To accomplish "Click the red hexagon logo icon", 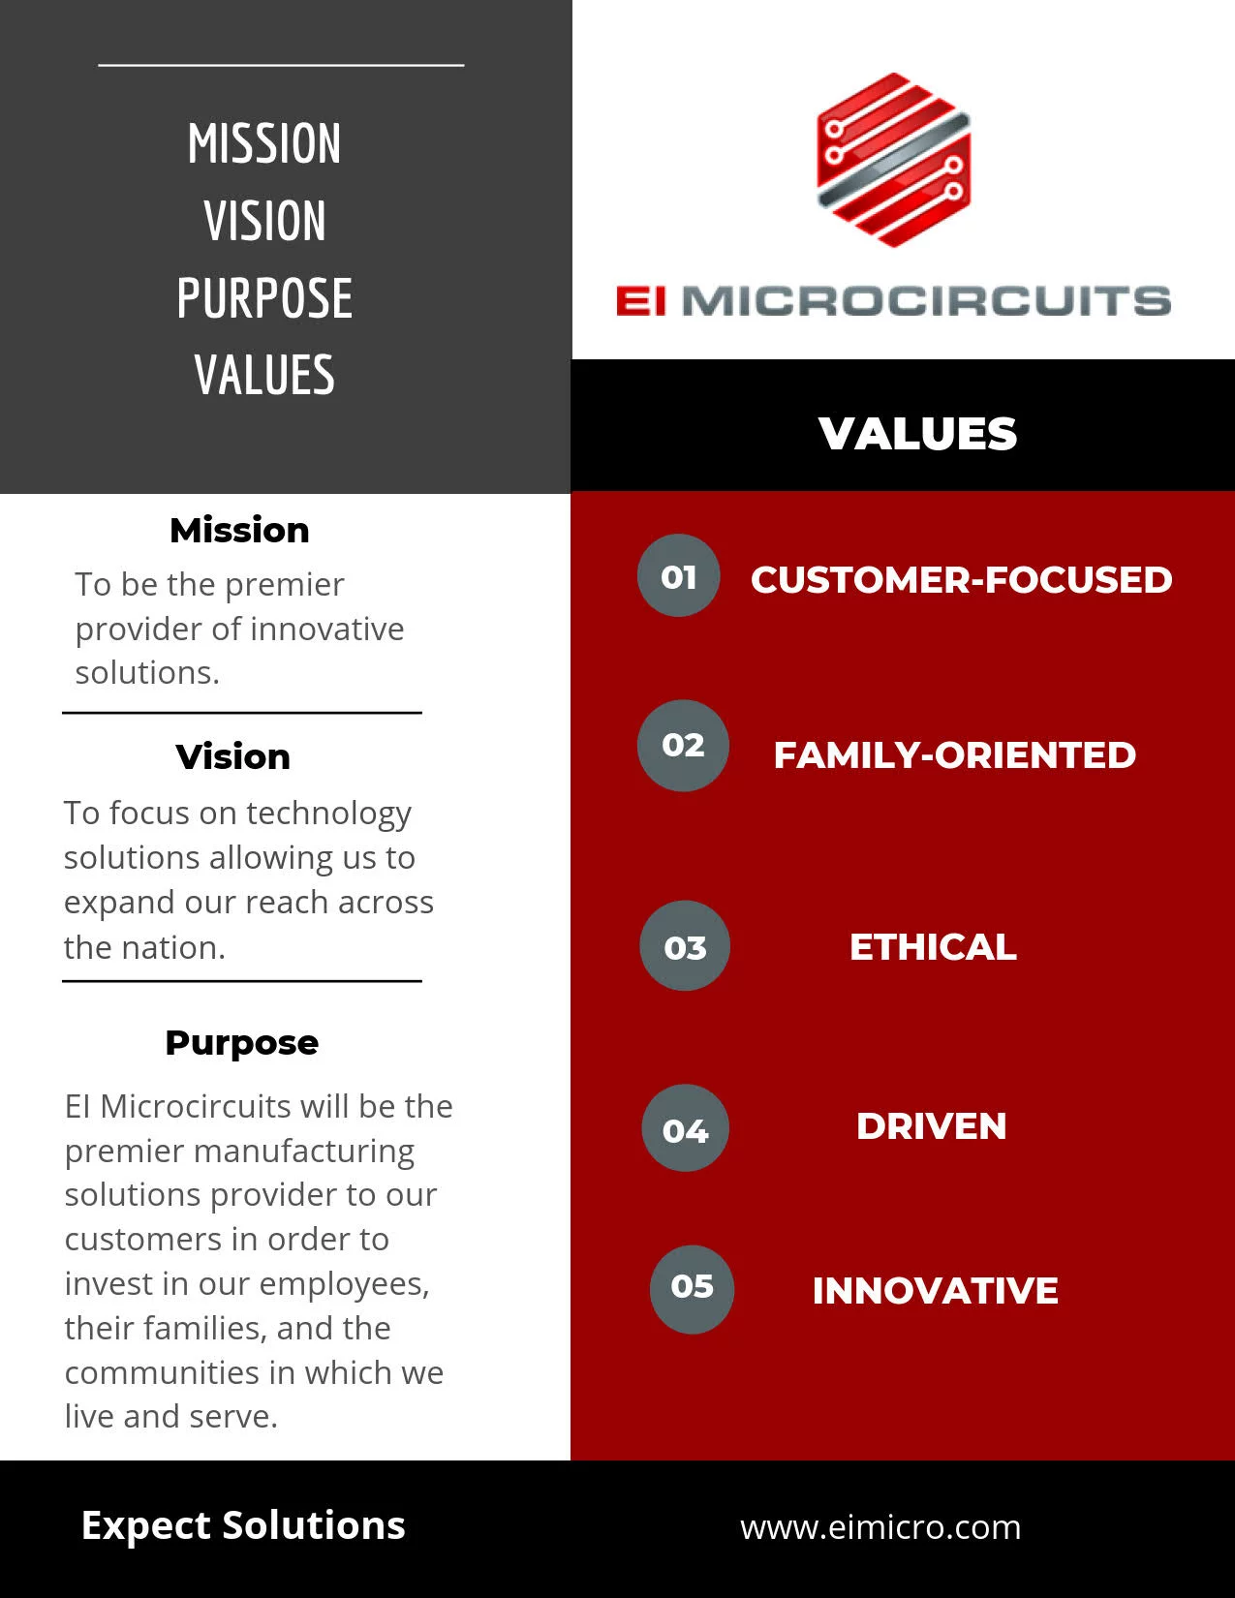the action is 894,160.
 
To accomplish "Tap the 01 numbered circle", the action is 678,575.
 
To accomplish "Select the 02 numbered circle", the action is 683,745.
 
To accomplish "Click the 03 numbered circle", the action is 685,945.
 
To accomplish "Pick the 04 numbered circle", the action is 686,1128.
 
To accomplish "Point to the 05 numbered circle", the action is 693,1290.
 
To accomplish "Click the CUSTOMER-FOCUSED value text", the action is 962,579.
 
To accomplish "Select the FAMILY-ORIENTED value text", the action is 955,755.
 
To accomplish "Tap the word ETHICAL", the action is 933,946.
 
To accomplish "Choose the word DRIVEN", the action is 931,1126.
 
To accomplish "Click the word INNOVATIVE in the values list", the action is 935,1290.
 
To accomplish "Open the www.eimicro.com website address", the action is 880,1527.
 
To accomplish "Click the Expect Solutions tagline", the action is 243,1526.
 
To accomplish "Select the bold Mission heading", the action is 240,530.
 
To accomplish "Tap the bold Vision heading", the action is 233,756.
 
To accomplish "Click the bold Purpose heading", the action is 242,1043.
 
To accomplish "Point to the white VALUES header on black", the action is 918,433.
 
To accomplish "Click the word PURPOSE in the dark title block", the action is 264,298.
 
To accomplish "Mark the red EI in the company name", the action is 641,301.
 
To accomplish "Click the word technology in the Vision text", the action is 328,814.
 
